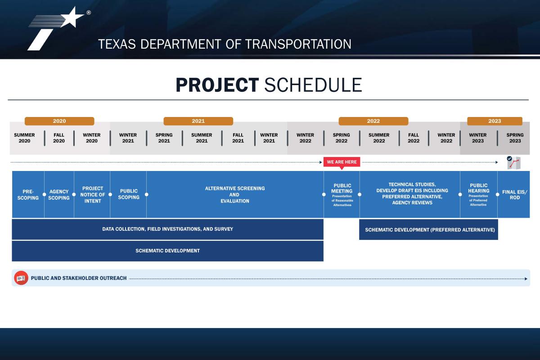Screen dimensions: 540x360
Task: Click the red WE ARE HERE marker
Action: tap(342, 162)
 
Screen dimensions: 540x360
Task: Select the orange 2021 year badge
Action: tap(198, 121)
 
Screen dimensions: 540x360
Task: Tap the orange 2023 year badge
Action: tap(495, 121)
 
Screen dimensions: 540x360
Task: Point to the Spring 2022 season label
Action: tap(342, 138)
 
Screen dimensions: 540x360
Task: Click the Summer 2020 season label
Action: tap(24, 138)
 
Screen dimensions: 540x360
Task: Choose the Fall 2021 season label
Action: tap(238, 138)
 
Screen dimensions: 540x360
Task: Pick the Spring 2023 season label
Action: tap(515, 138)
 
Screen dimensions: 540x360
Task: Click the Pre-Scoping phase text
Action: tap(28, 194)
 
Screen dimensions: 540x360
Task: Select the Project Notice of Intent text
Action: tap(93, 194)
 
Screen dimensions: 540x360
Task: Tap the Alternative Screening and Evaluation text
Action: tap(235, 194)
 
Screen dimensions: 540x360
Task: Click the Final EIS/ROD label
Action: tap(515, 194)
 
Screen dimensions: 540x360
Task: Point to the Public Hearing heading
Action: tap(478, 188)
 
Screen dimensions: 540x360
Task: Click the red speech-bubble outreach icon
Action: tap(21, 278)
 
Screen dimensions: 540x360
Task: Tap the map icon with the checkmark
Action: tap(514, 163)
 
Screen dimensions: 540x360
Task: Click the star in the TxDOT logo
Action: tap(72, 17)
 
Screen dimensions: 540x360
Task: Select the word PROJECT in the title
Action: tap(217, 85)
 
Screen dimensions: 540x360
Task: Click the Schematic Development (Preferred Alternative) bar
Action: tap(428, 229)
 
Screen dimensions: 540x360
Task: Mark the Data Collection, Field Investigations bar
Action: tap(167, 229)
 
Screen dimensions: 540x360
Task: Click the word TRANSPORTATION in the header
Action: tap(298, 44)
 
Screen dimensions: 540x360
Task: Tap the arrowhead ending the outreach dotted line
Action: tap(526, 279)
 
